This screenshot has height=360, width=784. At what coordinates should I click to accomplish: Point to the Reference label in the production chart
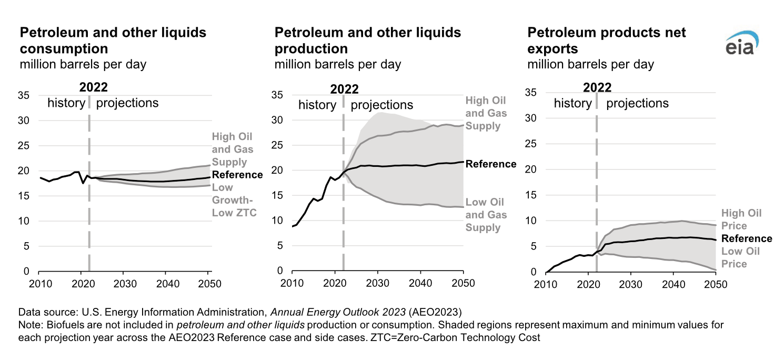[491, 164]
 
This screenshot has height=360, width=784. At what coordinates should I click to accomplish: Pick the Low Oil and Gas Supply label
[485, 215]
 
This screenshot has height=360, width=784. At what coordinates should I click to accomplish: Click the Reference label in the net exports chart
[747, 239]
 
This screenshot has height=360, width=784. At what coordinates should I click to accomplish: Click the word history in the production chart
[317, 105]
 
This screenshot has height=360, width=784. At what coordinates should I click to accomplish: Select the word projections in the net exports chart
[637, 103]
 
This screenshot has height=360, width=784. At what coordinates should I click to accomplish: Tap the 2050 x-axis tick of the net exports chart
[716, 285]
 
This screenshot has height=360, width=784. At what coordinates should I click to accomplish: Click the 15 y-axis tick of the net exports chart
[531, 195]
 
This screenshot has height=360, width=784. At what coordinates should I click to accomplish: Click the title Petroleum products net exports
[607, 41]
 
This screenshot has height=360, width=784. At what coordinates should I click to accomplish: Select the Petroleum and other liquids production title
[368, 41]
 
